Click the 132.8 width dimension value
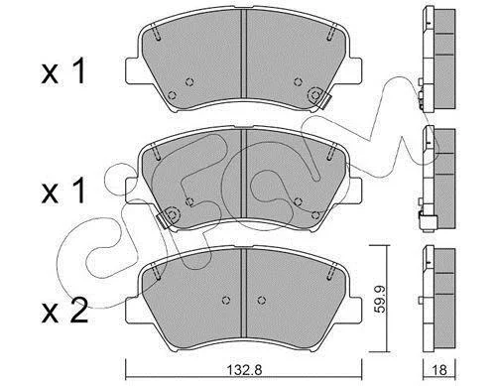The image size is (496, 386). click(244, 370)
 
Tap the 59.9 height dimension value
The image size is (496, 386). click(380, 300)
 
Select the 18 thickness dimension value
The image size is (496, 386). click(439, 370)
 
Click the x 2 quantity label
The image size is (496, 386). click(64, 311)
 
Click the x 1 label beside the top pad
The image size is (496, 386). click(63, 70)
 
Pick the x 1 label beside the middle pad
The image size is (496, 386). click(63, 192)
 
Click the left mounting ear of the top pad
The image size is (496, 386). click(132, 70)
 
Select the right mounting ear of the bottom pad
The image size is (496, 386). click(355, 310)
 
